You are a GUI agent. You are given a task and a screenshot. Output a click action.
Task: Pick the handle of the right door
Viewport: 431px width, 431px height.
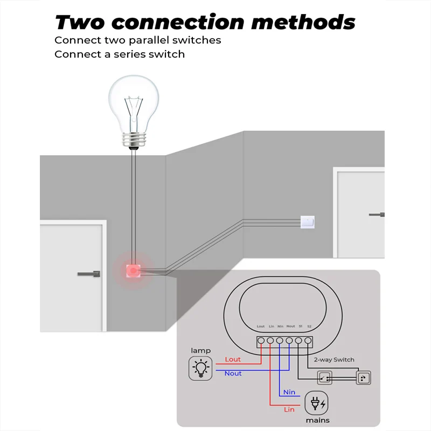coord(377,215)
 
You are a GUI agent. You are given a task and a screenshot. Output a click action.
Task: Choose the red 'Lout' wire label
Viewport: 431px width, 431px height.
coord(233,359)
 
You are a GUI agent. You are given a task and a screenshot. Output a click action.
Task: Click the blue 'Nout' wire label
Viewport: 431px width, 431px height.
coord(233,373)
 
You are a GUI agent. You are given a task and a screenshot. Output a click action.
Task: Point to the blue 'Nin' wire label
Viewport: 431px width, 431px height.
coord(289,392)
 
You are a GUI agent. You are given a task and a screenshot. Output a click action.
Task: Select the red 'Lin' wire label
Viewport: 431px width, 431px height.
coord(289,409)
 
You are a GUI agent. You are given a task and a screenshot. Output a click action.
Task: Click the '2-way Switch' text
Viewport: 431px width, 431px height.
coord(333,359)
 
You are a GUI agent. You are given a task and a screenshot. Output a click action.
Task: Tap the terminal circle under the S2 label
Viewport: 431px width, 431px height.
coord(309,340)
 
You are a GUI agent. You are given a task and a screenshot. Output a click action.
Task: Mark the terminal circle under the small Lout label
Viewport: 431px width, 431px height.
coord(261,340)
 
